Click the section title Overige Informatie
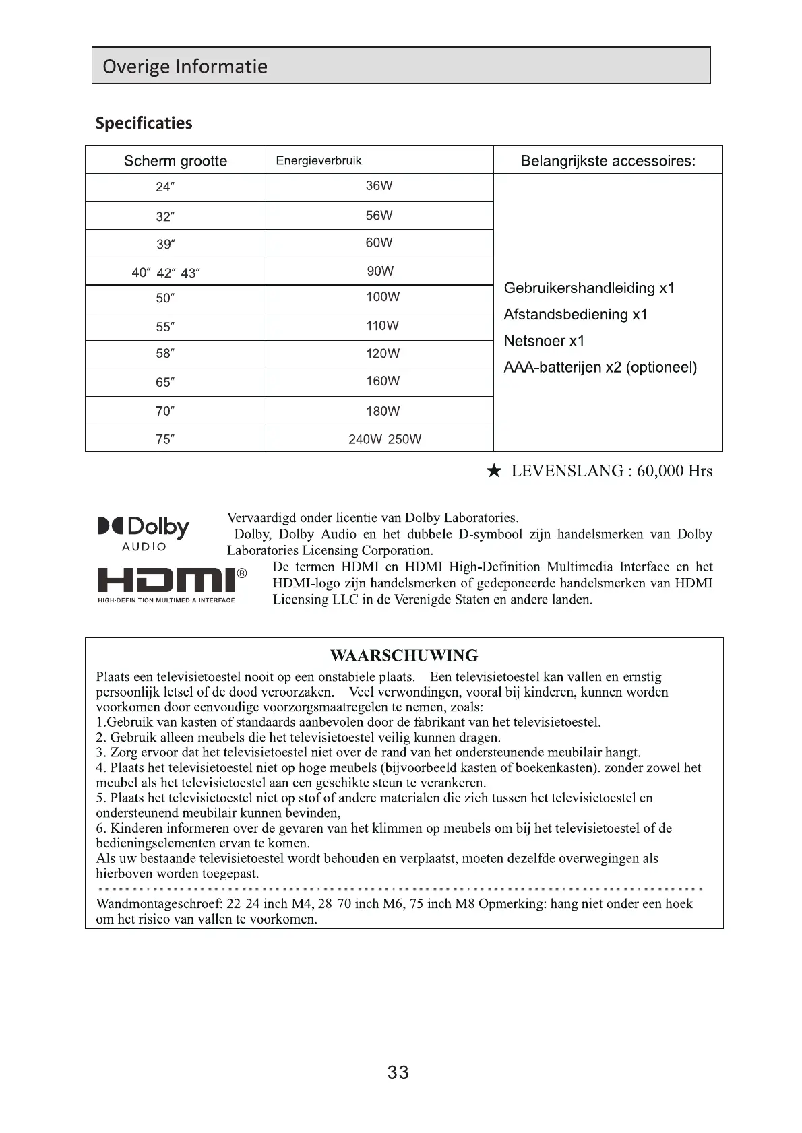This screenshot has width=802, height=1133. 185,66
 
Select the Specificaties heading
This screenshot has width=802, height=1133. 144,123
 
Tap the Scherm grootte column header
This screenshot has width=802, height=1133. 175,161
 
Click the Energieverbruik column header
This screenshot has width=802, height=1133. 319,160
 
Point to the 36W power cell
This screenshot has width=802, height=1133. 379,186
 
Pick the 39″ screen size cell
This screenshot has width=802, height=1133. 165,245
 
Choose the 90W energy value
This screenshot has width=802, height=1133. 380,271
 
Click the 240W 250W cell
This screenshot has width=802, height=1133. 385,439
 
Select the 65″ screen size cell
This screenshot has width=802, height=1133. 165,383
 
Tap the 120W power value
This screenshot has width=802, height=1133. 383,354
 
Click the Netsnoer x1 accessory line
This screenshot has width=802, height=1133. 544,341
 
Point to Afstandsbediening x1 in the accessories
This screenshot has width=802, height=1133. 576,315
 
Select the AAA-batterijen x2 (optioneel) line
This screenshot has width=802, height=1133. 600,368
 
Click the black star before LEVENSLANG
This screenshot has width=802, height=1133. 494,471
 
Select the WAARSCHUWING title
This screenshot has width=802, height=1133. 404,655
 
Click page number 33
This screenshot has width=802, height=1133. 398,1072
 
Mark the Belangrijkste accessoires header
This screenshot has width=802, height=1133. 608,161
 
